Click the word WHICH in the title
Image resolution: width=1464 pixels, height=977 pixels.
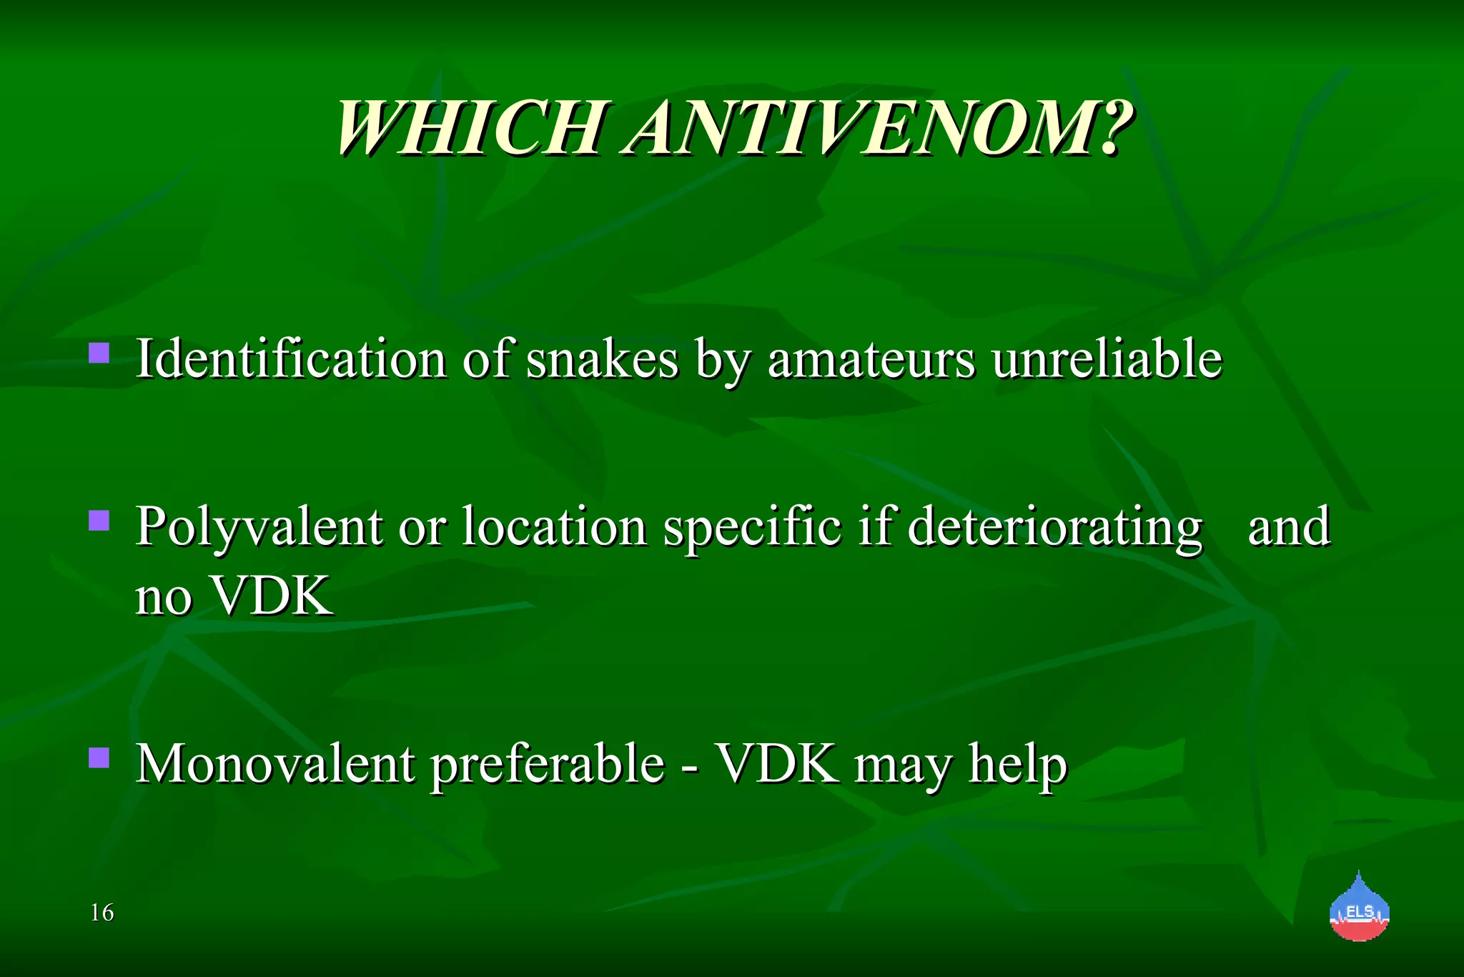pyautogui.click(x=471, y=129)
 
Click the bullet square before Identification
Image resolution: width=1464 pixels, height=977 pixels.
pyautogui.click(x=99, y=353)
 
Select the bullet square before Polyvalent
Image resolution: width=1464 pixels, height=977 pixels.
pyautogui.click(x=99, y=520)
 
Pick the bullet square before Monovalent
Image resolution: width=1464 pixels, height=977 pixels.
pyautogui.click(x=99, y=757)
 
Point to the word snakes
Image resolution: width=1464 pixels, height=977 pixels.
pyautogui.click(x=602, y=358)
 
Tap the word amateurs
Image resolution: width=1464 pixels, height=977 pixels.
pyautogui.click(x=871, y=358)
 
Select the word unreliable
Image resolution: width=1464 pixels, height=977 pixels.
pyautogui.click(x=1107, y=358)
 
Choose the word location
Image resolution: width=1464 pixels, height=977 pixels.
pyautogui.click(x=555, y=526)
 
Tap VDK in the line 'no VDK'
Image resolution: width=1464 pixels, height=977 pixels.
pyautogui.click(x=273, y=596)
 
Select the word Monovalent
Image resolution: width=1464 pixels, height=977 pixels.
pyautogui.click(x=276, y=764)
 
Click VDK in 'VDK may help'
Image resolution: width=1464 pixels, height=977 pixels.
pyautogui.click(x=778, y=764)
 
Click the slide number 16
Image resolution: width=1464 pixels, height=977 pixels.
pyautogui.click(x=102, y=913)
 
